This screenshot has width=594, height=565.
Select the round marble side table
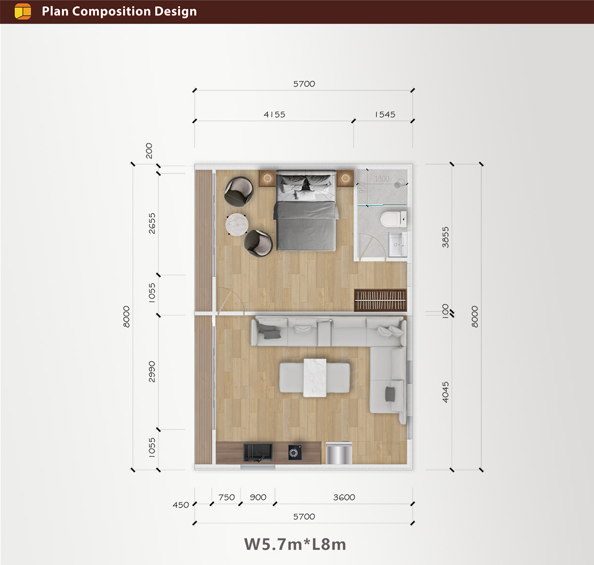coord(237,224)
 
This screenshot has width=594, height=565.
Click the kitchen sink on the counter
coord(258,453)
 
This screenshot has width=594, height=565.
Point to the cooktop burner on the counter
coord(295,452)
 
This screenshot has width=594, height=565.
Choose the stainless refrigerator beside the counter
coord(339,453)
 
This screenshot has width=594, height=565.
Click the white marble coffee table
coord(315,378)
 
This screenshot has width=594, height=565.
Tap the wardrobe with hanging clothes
coord(380,300)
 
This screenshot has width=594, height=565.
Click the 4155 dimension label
coord(274,114)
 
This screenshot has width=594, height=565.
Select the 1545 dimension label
coord(385,114)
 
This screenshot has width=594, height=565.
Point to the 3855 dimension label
coord(445,237)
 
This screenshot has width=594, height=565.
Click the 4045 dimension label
coord(445,392)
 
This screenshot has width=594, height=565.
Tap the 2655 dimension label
coord(152,224)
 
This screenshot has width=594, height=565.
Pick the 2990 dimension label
coord(152,372)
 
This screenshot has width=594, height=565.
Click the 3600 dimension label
coord(344,497)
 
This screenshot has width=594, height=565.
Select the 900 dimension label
coord(258,497)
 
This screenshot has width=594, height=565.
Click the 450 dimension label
coord(181,505)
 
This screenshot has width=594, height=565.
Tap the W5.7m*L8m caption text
coord(295,544)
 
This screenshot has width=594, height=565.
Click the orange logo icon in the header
coord(23,11)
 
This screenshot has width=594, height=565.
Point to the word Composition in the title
coord(111,12)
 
